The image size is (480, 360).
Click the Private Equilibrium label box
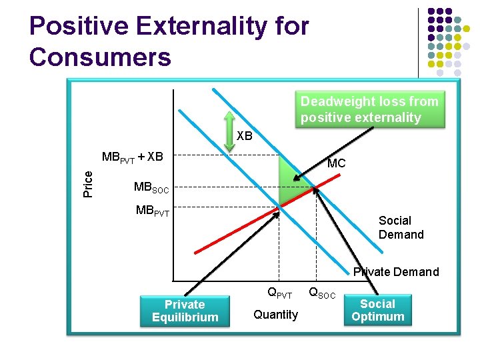click(184, 311)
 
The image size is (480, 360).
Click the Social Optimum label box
click(377, 311)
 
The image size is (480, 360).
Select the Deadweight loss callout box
click(369, 109)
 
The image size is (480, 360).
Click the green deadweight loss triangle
click(287, 183)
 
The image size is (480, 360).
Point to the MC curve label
click(336, 163)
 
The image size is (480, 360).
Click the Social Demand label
click(401, 227)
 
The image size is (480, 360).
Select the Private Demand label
click(396, 271)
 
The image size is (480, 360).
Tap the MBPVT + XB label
click(132, 157)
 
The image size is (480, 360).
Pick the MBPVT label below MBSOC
click(153, 211)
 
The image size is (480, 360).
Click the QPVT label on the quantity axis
click(279, 292)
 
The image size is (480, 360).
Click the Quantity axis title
click(275, 314)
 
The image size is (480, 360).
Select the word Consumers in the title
click(100, 57)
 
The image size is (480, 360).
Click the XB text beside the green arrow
click(245, 135)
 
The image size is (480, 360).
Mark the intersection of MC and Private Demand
click(279, 206)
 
